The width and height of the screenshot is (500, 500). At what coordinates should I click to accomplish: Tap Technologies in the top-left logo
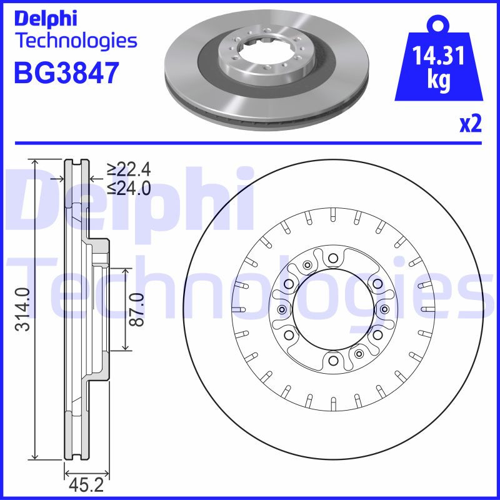75,41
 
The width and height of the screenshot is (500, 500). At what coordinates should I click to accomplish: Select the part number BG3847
66,73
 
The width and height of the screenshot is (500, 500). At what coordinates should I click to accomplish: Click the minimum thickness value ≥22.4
128,169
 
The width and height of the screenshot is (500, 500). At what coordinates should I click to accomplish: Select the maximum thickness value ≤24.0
128,187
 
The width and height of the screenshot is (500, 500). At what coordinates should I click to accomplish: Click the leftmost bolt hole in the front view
281,311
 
